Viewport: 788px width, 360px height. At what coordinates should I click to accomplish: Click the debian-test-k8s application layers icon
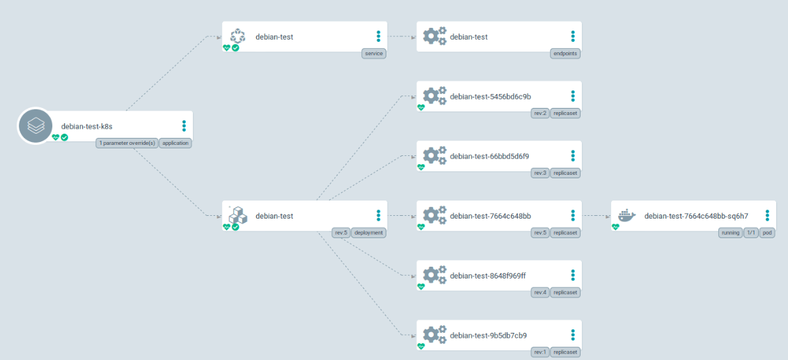(35, 126)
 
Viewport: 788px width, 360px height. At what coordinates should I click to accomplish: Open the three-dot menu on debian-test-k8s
(184, 126)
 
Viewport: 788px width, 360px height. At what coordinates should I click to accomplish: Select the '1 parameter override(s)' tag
(127, 143)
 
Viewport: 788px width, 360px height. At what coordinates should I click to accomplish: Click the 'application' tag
(175, 143)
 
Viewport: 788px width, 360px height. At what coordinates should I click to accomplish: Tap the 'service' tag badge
(374, 53)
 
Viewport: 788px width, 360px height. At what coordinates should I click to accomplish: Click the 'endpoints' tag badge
(565, 53)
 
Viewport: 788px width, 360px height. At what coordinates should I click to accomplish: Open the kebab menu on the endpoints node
(573, 36)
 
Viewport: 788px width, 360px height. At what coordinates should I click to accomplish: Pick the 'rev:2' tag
(539, 113)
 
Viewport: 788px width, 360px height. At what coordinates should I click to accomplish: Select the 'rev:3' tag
(539, 173)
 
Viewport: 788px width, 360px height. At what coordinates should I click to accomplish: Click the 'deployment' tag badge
(368, 233)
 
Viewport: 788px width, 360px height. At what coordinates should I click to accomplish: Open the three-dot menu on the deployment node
(379, 216)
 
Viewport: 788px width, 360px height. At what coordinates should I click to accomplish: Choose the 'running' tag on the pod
(730, 233)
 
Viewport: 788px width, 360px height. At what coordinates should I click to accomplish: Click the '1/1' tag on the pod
(750, 233)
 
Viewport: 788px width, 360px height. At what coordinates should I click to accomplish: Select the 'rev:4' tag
(539, 292)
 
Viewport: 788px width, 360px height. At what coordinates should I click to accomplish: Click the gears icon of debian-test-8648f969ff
(434, 276)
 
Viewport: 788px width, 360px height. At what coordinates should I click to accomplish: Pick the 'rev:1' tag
(539, 352)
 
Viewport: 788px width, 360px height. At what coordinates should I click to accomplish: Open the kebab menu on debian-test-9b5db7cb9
(573, 336)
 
